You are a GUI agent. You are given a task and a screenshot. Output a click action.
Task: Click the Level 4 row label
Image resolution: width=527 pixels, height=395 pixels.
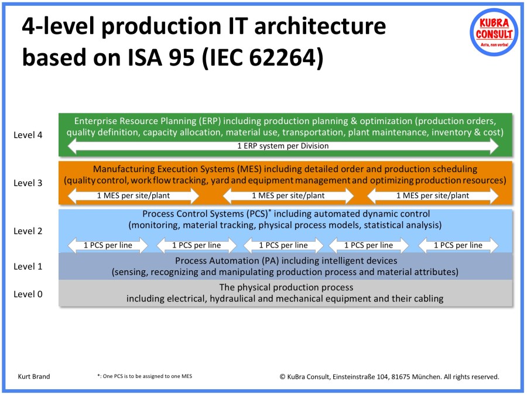coord(28,135)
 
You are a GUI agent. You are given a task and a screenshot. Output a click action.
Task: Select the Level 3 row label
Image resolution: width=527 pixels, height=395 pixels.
coord(28,183)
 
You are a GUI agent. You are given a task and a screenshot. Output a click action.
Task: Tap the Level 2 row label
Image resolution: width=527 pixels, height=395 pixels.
coord(28,231)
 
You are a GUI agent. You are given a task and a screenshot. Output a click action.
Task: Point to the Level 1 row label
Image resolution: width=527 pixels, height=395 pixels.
coord(28,267)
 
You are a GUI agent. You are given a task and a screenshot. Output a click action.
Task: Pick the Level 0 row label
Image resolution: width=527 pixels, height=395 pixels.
coord(28,294)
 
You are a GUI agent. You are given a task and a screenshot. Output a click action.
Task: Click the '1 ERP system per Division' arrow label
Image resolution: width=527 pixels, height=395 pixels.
coord(283,146)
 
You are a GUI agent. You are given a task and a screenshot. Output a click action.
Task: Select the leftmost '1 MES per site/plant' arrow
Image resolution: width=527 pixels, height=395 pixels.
coord(134,195)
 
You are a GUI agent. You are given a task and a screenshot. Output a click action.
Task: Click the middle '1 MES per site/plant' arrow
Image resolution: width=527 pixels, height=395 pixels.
coord(288,195)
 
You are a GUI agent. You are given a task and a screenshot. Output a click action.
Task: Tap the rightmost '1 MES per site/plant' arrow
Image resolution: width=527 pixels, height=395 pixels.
coord(433,195)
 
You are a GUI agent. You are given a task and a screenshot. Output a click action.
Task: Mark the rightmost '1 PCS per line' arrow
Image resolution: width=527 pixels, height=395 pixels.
coord(458,245)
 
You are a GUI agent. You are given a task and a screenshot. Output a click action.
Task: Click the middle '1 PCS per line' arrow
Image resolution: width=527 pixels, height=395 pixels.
coord(283,245)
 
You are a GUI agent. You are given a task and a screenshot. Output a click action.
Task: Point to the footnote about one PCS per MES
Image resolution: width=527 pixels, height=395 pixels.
coord(144,377)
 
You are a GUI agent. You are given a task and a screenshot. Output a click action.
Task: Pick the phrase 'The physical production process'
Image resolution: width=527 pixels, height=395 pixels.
coord(286,288)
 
